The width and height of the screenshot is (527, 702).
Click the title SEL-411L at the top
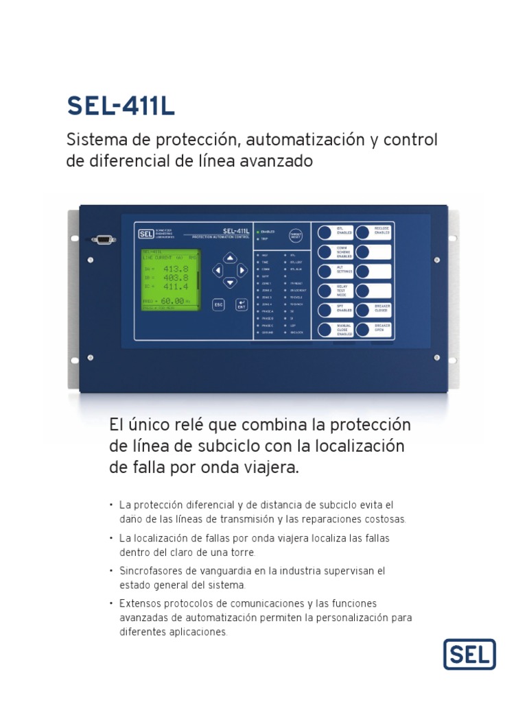pyautogui.click(x=121, y=106)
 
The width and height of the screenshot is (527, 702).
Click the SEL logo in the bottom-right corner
pyautogui.click(x=469, y=654)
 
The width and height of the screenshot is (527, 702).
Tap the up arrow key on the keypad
pyautogui.click(x=231, y=258)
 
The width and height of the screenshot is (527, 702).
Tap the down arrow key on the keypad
pyautogui.click(x=231, y=282)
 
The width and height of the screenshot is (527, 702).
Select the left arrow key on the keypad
pyautogui.click(x=218, y=270)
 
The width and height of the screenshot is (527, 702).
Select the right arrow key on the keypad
pyautogui.click(x=242, y=270)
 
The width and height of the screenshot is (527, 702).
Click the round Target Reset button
pyautogui.click(x=296, y=234)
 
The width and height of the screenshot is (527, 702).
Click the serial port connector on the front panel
pyautogui.click(x=104, y=239)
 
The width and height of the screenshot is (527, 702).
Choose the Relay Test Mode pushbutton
pyautogui.click(x=325, y=291)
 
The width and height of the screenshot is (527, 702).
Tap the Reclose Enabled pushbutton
pyautogui.click(x=363, y=232)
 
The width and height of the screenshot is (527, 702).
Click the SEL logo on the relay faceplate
pyautogui.click(x=145, y=234)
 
